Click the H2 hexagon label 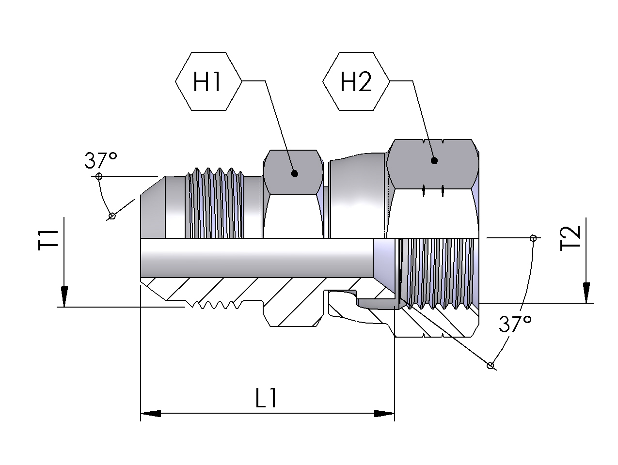tap(356, 81)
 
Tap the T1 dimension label tap(48, 240)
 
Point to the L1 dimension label tap(266, 398)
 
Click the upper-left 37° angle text tap(100, 160)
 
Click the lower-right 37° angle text tap(515, 324)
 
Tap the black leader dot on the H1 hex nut tap(295, 173)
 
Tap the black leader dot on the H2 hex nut tap(434, 161)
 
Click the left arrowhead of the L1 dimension tap(151, 414)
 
